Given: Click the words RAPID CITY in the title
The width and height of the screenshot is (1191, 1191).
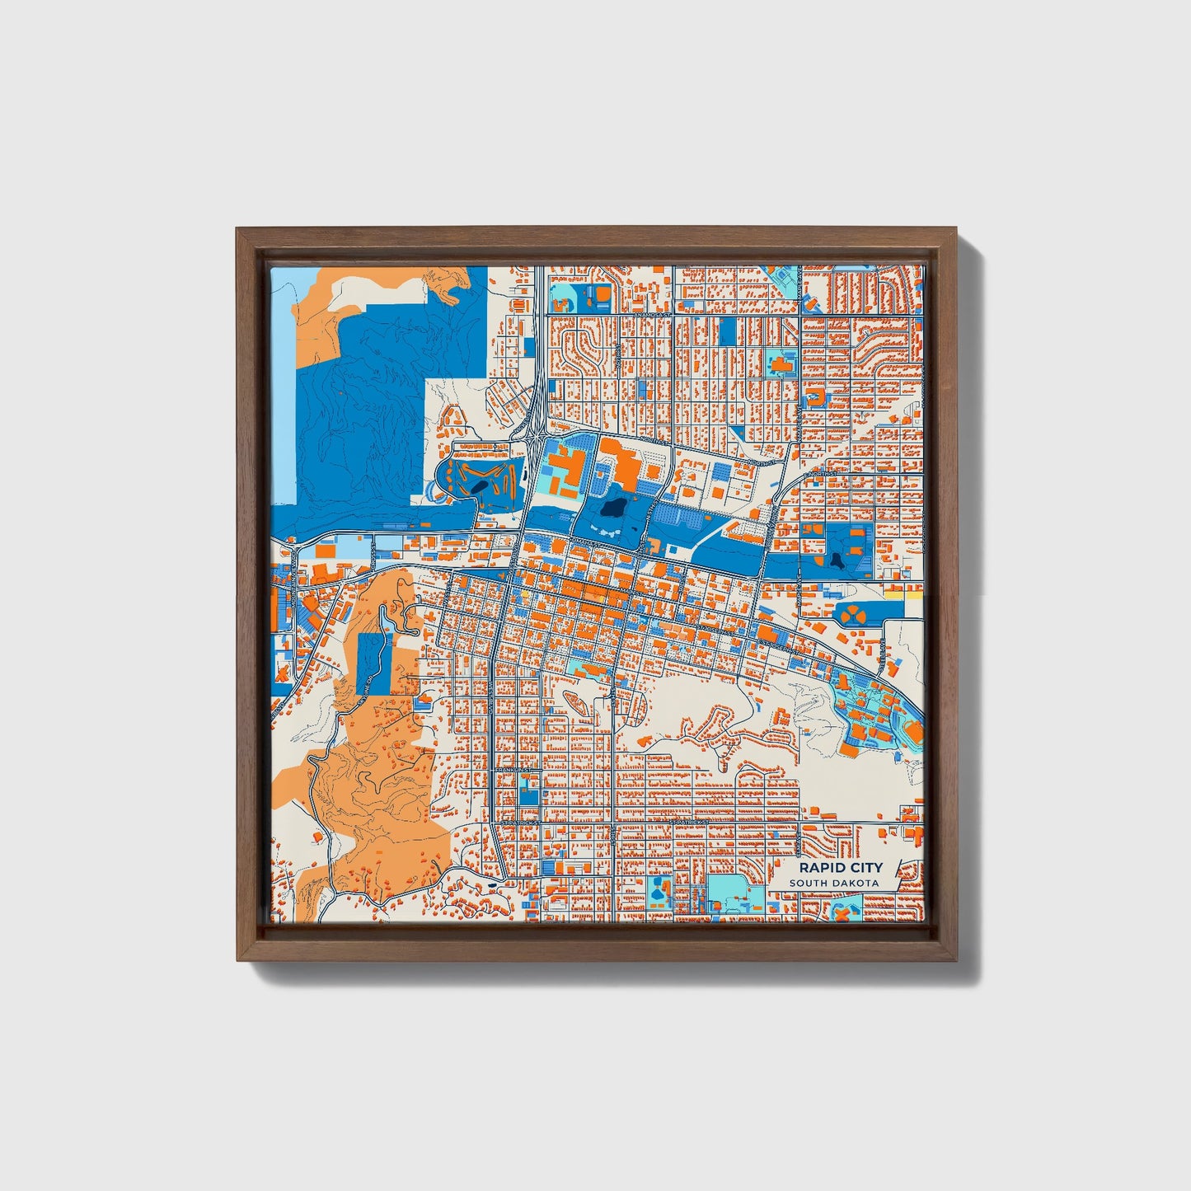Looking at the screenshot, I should pyautogui.click(x=840, y=867).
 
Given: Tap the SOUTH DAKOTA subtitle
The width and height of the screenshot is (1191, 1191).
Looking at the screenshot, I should pyautogui.click(x=833, y=884).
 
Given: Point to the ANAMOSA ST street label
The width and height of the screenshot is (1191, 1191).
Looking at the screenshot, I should pyautogui.click(x=653, y=315).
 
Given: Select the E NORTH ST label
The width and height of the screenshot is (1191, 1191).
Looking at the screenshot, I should pyautogui.click(x=821, y=475).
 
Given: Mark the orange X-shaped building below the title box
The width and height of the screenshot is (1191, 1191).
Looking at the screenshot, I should pyautogui.click(x=842, y=913).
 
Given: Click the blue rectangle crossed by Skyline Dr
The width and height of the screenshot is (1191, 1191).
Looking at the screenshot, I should pyautogui.click(x=375, y=663).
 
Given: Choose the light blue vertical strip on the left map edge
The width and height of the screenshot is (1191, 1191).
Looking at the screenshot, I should pyautogui.click(x=283, y=396).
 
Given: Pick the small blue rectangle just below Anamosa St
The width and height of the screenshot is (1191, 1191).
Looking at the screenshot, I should pyautogui.click(x=728, y=332).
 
